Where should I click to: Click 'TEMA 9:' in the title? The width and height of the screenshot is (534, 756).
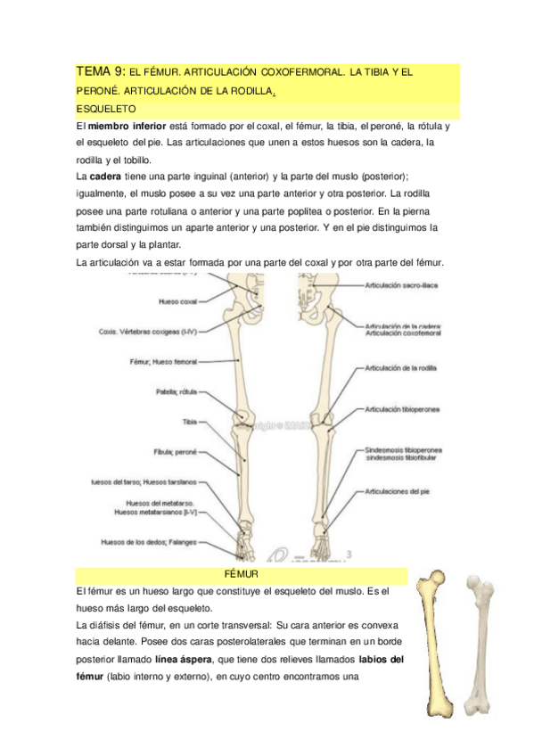click(x=101, y=70)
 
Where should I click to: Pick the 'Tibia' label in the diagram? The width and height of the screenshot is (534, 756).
click(x=189, y=421)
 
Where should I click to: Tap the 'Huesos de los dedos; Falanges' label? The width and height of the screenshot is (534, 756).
click(x=149, y=541)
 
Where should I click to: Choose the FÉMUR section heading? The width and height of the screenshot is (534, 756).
click(x=242, y=576)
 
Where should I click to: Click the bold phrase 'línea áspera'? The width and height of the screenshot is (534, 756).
click(x=184, y=660)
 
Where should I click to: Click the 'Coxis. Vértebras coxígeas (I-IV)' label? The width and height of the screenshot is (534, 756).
click(x=147, y=332)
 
